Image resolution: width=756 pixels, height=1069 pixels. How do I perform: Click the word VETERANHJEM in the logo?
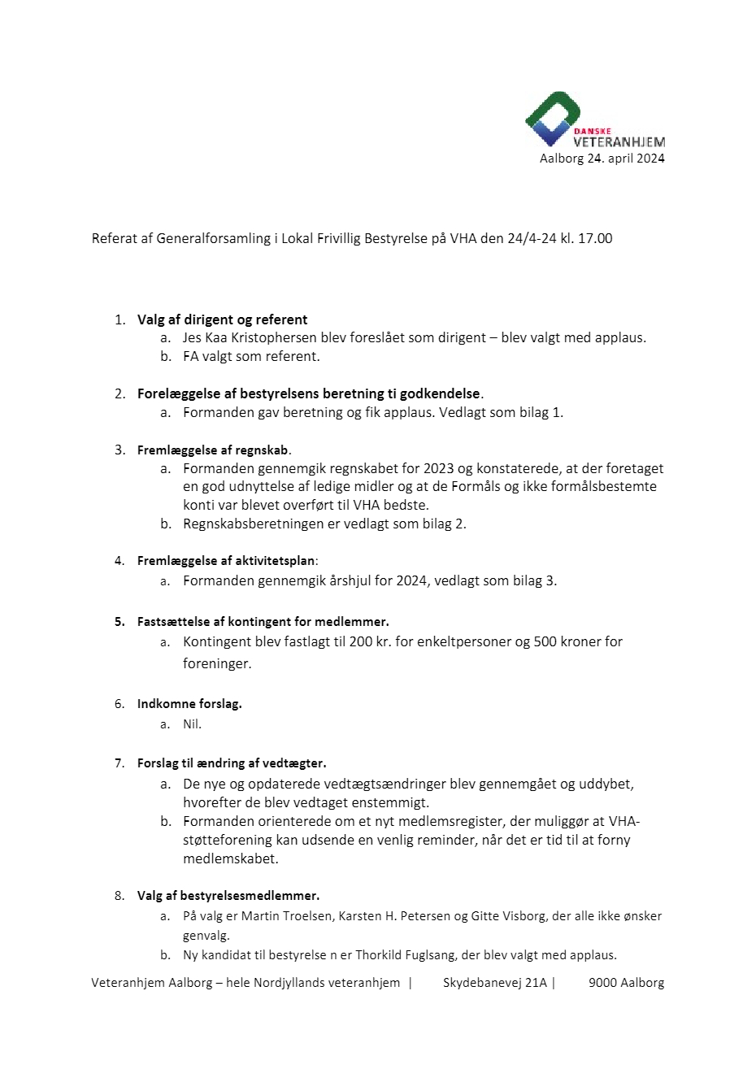(x=619, y=143)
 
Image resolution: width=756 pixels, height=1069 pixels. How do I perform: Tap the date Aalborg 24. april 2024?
(x=602, y=159)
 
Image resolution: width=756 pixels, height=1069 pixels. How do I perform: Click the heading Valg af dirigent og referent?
(x=222, y=319)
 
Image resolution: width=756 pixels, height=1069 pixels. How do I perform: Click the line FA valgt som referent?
(x=251, y=356)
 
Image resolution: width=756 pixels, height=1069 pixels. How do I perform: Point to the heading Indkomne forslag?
(x=189, y=704)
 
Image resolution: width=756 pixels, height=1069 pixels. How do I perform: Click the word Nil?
(x=192, y=724)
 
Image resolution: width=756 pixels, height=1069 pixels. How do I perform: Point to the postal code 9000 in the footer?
(x=602, y=983)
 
